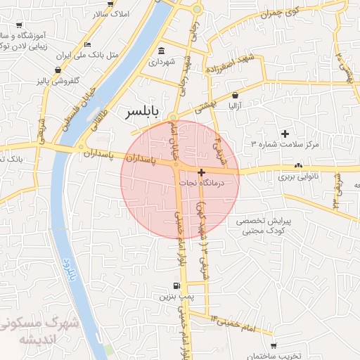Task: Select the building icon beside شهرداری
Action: (x=162, y=51)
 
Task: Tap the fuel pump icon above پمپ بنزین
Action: (x=176, y=286)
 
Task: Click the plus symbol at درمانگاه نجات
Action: (x=202, y=172)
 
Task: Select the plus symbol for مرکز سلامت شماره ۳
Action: (x=285, y=134)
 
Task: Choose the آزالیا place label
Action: (x=234, y=106)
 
